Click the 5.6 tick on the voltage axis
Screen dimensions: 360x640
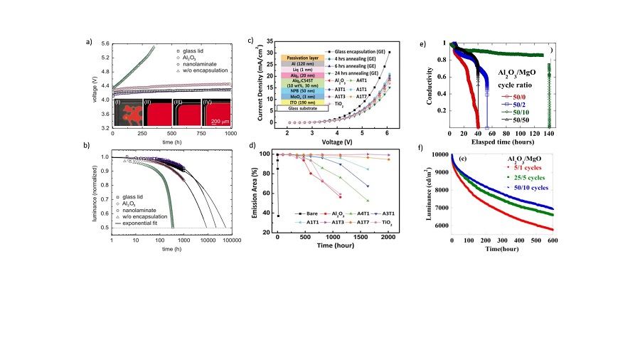[x=103, y=44]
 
